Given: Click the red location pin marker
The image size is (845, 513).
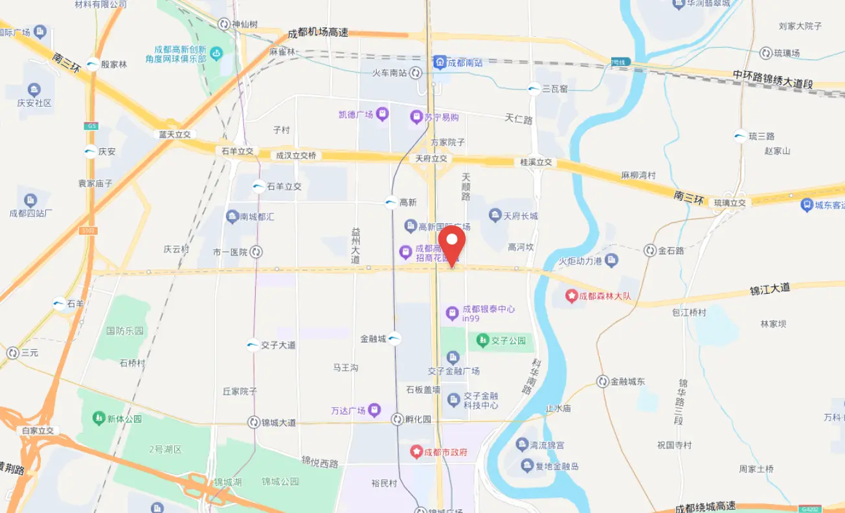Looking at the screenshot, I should (x=452, y=242).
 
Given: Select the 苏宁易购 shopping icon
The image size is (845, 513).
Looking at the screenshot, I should (x=416, y=118).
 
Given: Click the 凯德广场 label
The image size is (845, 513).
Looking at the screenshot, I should (x=356, y=115).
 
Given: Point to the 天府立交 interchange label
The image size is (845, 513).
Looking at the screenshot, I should (x=431, y=158).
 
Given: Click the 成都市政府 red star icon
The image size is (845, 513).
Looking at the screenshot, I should (x=417, y=451).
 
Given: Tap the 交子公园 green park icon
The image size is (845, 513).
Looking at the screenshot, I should (x=482, y=340).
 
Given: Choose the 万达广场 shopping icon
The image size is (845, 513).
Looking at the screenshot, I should (x=376, y=410).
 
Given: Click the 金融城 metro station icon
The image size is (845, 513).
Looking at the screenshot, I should (x=394, y=338).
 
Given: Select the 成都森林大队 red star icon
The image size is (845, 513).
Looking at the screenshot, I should (x=571, y=296).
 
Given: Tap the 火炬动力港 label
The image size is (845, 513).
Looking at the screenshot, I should (x=581, y=261).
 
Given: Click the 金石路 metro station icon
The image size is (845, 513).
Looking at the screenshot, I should (x=650, y=250).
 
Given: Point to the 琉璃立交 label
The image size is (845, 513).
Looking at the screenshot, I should (x=730, y=203).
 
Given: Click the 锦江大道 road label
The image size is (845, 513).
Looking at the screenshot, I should (x=770, y=289).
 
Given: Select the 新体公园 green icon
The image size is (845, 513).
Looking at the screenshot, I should (x=99, y=419).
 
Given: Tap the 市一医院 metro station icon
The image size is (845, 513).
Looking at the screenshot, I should (x=256, y=252).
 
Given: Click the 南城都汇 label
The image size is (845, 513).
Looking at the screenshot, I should (x=257, y=217).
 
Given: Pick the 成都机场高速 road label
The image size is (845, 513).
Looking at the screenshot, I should (x=318, y=33).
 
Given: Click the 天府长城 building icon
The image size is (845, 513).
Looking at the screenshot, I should (x=495, y=215).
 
